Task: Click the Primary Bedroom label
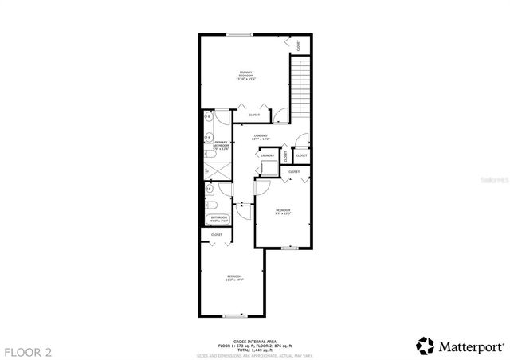[245, 76]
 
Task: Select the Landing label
[260, 138]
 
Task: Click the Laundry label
[267, 155]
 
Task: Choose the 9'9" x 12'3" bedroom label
[283, 213]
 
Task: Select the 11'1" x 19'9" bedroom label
[234, 279]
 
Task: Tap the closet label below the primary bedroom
[254, 115]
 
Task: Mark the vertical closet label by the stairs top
[298, 45]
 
